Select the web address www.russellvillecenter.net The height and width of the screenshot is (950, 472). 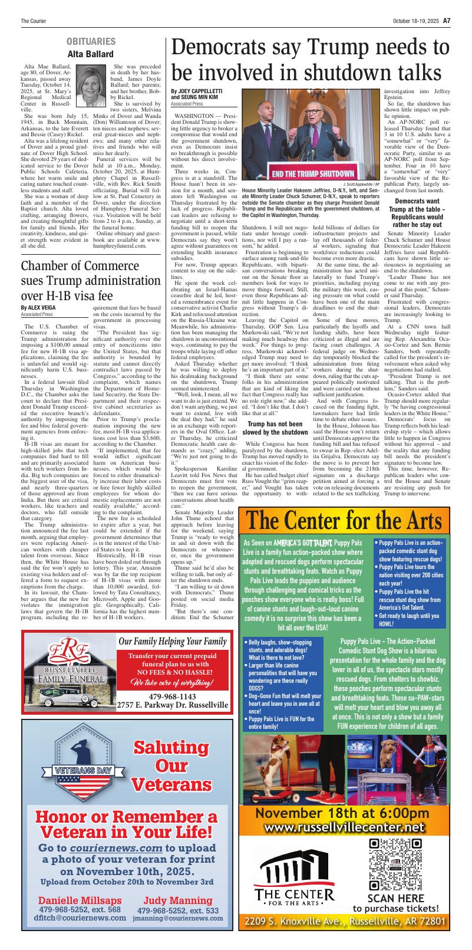coord(344,828)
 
